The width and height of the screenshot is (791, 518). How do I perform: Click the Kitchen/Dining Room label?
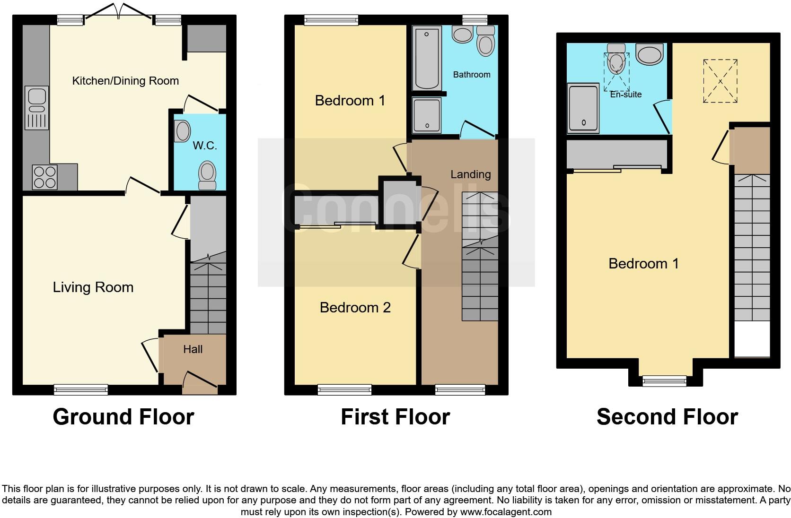(x=125, y=81)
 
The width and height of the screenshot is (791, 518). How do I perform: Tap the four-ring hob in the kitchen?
(x=44, y=176)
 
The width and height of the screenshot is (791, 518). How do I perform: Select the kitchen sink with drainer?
(x=36, y=107)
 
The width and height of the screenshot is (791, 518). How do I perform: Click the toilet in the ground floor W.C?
(x=207, y=175)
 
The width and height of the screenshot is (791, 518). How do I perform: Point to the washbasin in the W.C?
(x=182, y=131)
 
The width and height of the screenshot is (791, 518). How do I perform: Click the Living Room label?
(x=93, y=287)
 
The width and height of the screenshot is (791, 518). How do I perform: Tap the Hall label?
(x=193, y=349)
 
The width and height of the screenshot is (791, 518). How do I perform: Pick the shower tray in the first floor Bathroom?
(x=426, y=115)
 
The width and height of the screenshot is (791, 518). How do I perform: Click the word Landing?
(x=470, y=174)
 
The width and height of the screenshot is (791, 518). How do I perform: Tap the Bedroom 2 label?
(x=355, y=308)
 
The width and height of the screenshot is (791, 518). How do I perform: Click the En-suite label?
(x=625, y=95)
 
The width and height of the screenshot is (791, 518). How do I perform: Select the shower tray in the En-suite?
(x=583, y=108)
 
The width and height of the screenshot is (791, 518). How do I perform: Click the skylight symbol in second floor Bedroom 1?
(x=720, y=81)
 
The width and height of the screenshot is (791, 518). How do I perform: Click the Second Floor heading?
(x=667, y=417)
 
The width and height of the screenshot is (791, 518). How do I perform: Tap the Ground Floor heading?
(x=123, y=417)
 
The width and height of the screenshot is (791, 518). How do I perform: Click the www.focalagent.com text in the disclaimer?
(x=506, y=512)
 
